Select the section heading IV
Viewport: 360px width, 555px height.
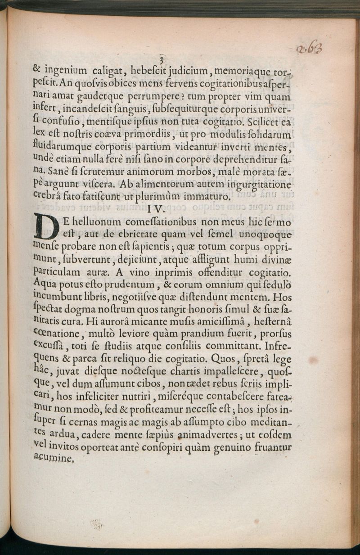click(x=157, y=209)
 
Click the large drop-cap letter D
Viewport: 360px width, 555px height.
click(x=46, y=227)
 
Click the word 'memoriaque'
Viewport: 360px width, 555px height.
click(x=244, y=70)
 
